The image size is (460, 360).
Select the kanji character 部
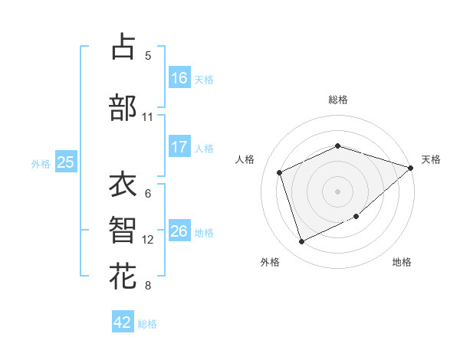(123, 108)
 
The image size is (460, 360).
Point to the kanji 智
(123, 231)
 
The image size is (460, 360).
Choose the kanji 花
(123, 277)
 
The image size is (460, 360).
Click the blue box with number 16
(179, 77)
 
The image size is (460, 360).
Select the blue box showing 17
(179, 147)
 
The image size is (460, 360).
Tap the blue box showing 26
(179, 231)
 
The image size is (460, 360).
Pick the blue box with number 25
(65, 162)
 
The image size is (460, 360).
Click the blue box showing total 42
(123, 322)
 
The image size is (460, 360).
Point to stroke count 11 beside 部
(147, 117)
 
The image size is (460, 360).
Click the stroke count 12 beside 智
(148, 240)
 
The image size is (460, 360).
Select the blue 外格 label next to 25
(41, 163)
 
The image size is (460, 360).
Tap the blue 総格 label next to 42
(147, 324)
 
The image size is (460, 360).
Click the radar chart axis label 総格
(338, 100)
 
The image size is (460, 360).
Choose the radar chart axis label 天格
(431, 159)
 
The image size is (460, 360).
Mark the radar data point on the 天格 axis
(411, 168)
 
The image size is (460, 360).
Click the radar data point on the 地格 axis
(356, 217)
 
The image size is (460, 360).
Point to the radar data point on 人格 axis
(280, 172)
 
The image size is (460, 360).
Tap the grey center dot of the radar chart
(338, 191)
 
